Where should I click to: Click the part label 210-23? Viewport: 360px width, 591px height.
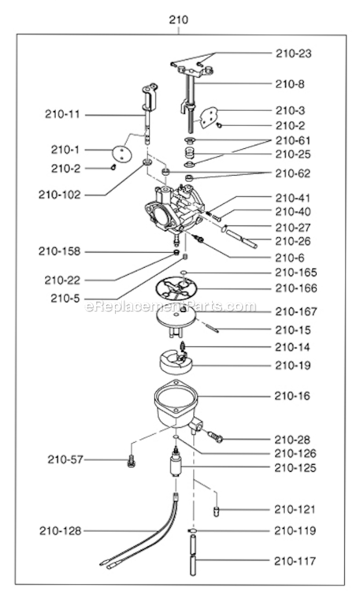point(294,54)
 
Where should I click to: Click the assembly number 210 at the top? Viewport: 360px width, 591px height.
point(179,18)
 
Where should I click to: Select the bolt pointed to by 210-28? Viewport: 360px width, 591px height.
point(215,433)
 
